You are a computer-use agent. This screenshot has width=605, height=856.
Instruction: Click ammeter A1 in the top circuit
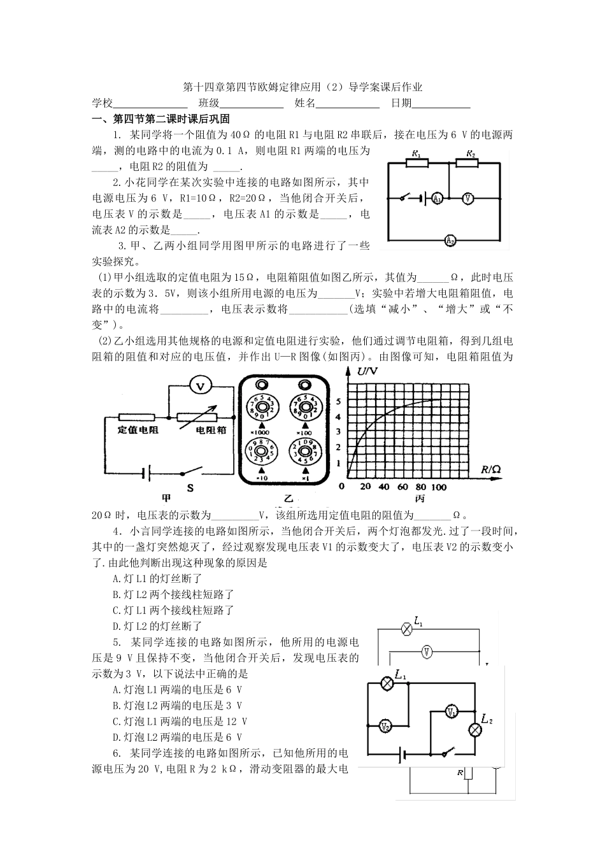coord(436,199)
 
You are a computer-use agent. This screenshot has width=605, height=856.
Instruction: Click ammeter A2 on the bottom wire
coord(450,241)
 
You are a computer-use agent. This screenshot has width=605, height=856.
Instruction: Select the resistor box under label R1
coord(417,163)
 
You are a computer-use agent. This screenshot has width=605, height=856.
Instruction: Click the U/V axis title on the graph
coord(367,371)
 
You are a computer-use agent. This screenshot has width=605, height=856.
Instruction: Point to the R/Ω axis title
coord(490,469)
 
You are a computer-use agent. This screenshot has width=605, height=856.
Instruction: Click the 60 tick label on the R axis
coord(403,487)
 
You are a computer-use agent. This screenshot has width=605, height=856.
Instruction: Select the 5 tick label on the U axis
coord(339,402)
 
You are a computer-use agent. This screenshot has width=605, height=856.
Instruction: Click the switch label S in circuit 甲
coord(189,488)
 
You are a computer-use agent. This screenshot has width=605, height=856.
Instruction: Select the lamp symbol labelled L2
coord(474,730)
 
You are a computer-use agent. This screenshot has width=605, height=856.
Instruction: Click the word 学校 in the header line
coord(102,103)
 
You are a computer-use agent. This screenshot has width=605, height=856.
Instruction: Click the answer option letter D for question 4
coord(116,626)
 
